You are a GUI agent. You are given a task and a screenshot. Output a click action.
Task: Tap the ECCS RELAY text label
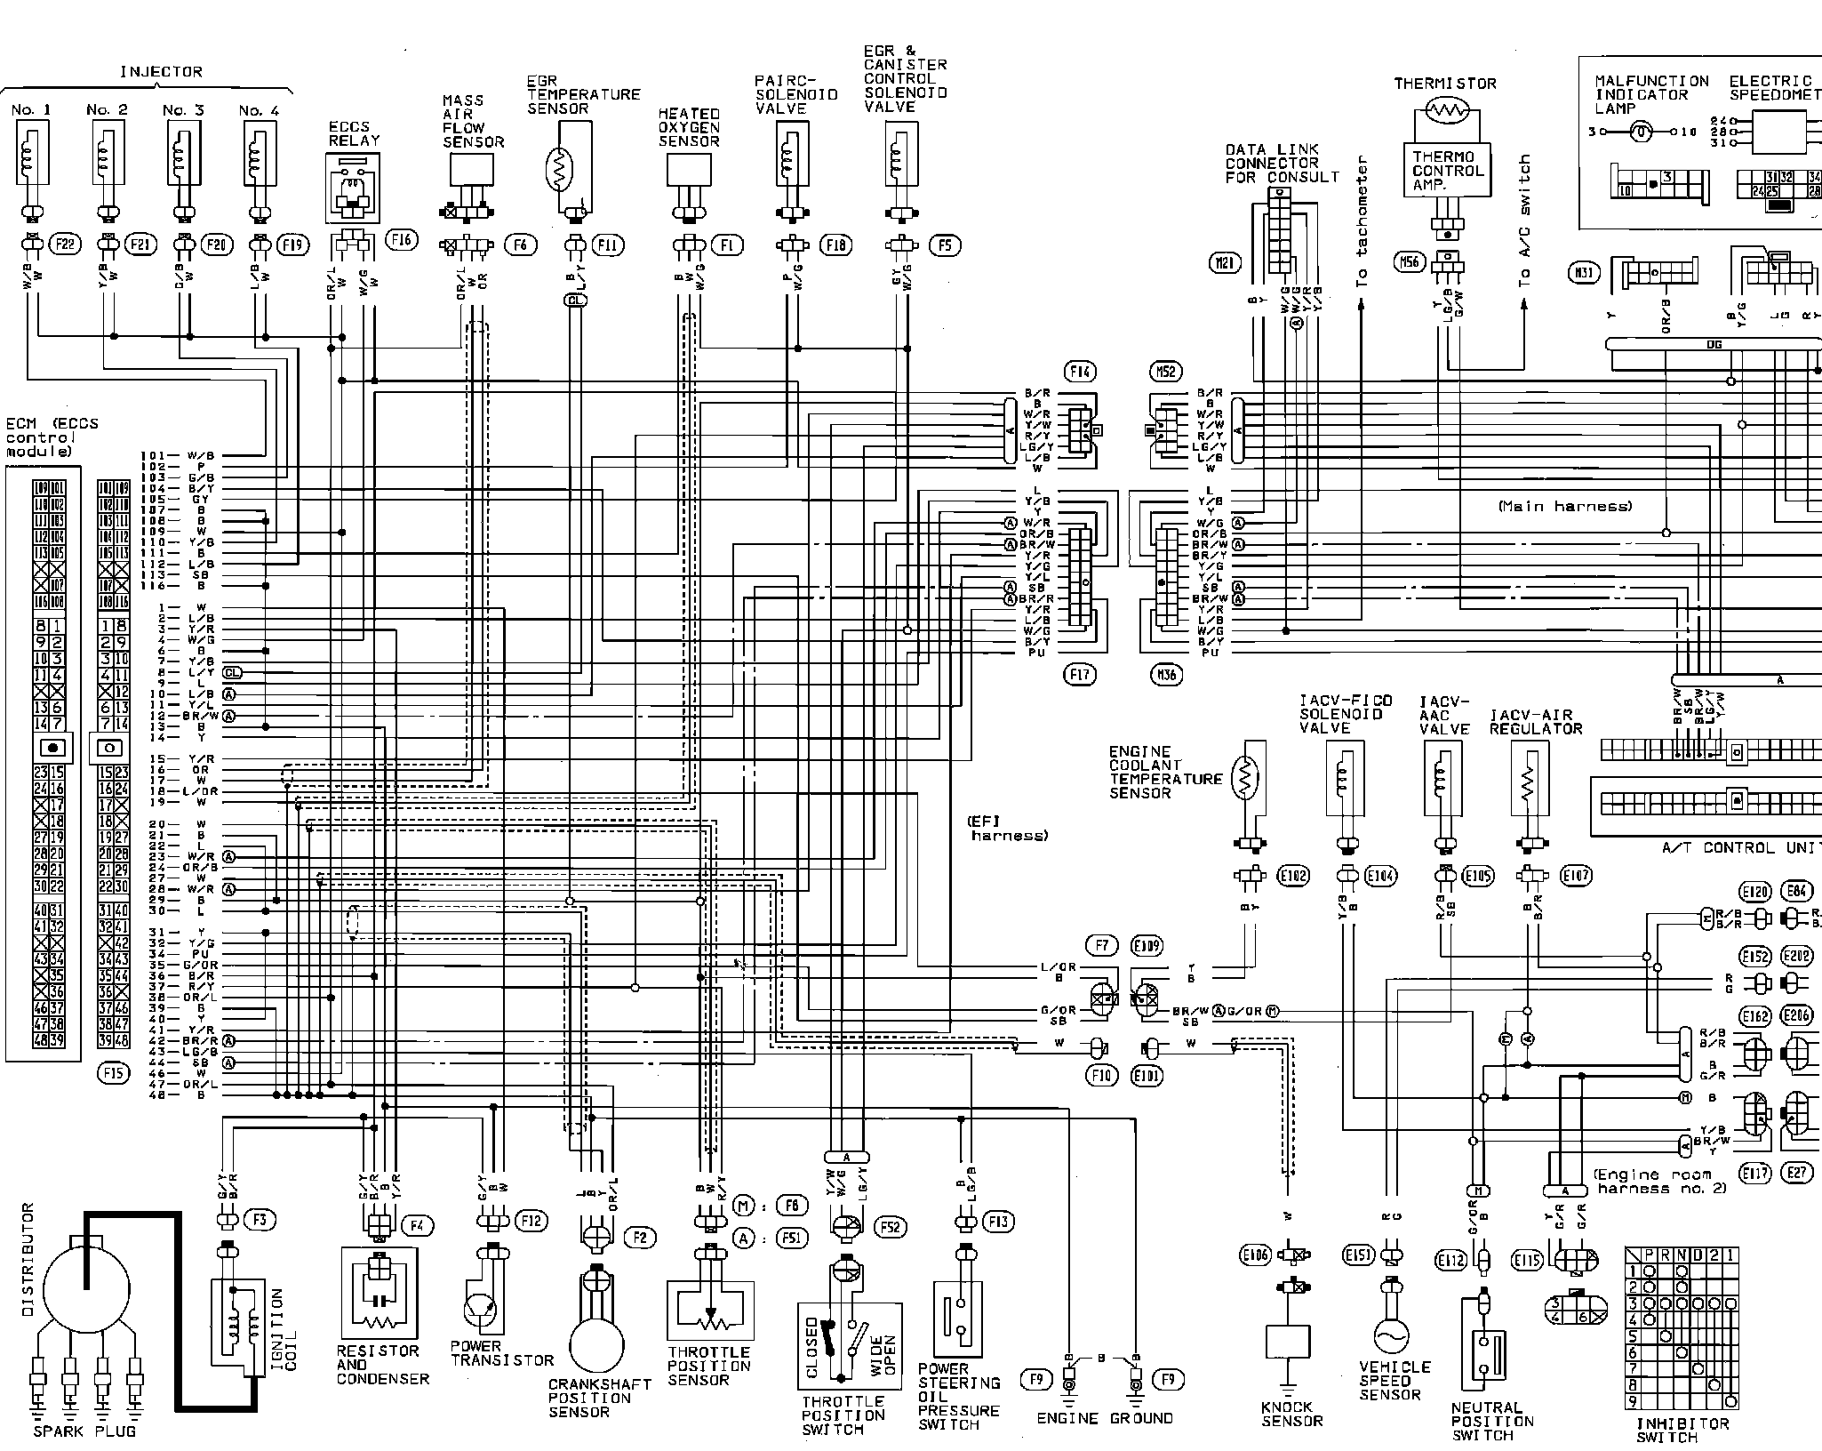pos(354,133)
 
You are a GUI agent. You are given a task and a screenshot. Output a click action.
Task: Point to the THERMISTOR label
pos(1445,84)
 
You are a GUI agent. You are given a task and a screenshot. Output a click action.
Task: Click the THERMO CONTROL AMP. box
pos(1449,171)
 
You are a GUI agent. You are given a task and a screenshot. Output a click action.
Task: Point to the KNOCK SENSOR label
pos(1291,1414)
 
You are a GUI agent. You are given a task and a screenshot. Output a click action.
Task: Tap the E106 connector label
pos(1253,1255)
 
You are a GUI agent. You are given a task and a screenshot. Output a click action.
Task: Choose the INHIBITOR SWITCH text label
pos(1683,1430)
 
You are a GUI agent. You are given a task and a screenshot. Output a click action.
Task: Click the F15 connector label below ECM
pos(113,1073)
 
